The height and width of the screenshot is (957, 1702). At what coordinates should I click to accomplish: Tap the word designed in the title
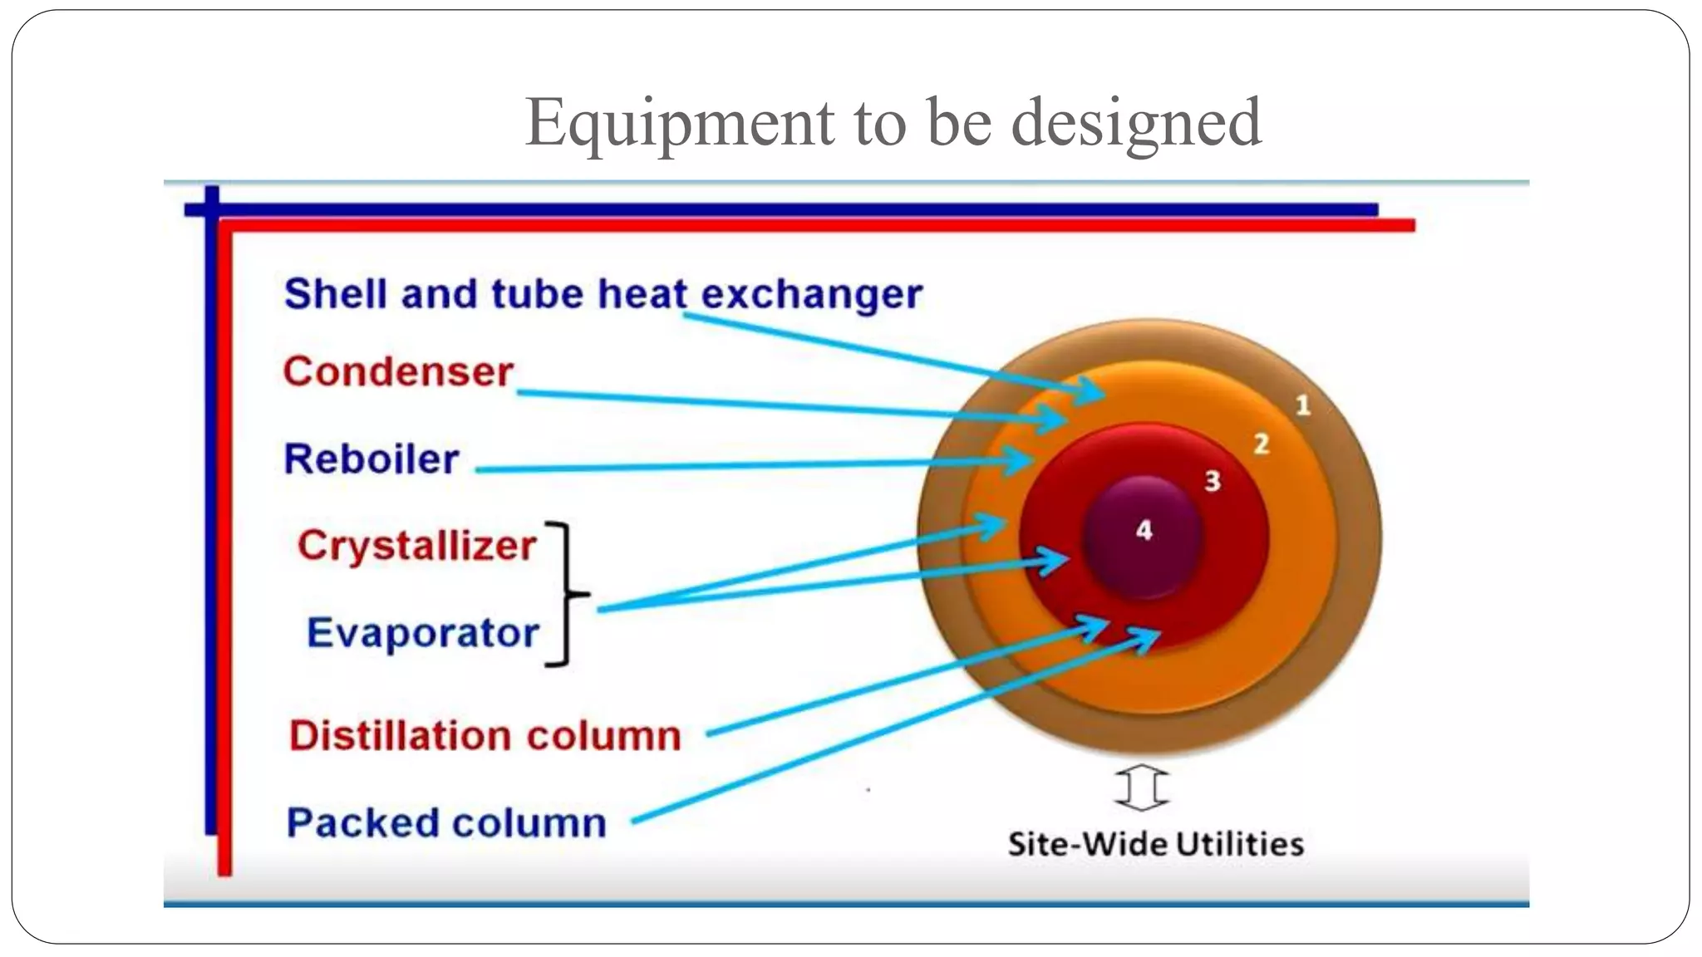(x=1136, y=123)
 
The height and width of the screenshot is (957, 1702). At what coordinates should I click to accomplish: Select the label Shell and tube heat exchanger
(x=603, y=294)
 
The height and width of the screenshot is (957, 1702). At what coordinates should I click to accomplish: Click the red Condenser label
(x=398, y=371)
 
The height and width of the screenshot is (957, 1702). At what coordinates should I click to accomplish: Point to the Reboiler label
(x=371, y=459)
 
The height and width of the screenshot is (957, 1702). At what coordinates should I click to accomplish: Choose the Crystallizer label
(x=416, y=546)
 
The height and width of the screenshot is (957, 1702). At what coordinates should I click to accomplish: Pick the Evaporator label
(x=423, y=633)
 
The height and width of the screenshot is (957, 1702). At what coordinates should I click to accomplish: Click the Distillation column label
(x=485, y=736)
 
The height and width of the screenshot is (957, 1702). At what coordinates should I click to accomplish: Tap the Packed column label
(x=446, y=823)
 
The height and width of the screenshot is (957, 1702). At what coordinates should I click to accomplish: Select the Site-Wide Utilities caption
(x=1155, y=844)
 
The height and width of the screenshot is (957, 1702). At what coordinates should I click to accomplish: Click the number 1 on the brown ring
(x=1302, y=405)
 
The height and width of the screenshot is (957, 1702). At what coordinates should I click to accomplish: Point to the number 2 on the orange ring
(x=1261, y=444)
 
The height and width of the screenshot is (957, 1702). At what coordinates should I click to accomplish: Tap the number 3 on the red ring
(x=1213, y=480)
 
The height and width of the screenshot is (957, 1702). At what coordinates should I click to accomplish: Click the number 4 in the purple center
(x=1144, y=530)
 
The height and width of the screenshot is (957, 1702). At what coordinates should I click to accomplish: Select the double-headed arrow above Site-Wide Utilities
(x=1142, y=787)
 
